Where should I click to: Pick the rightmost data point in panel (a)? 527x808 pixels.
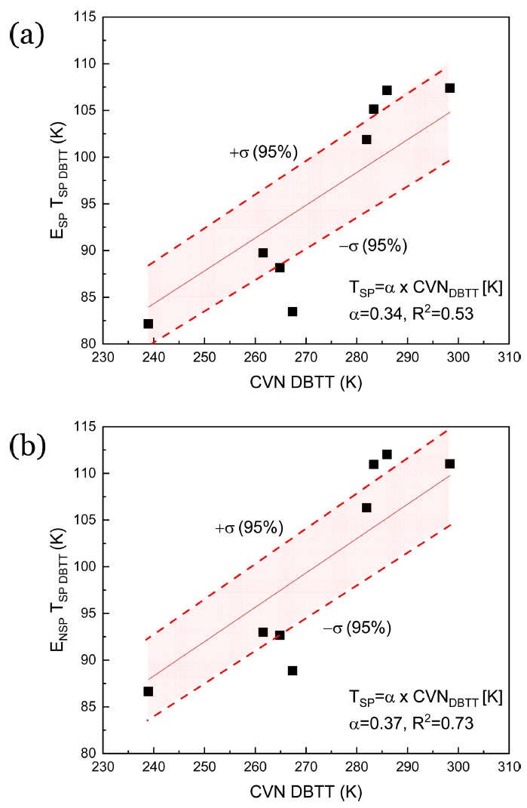[449, 88]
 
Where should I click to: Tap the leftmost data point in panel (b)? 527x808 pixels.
[149, 691]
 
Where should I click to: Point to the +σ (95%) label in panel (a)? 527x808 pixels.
[263, 153]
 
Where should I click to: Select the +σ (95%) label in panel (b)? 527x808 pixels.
[249, 529]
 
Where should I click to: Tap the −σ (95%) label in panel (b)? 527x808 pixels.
[357, 628]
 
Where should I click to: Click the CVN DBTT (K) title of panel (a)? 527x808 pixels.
[306, 382]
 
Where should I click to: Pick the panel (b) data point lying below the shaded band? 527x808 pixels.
[293, 671]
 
